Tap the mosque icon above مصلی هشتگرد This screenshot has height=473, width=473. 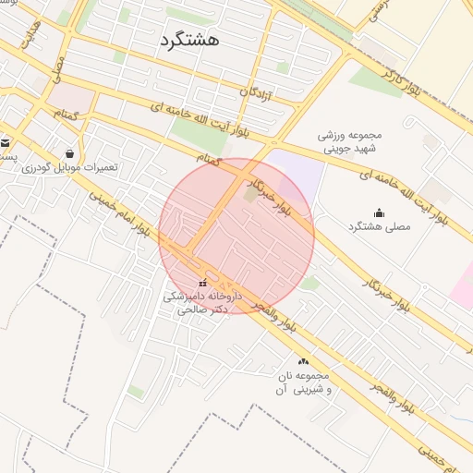[379, 212]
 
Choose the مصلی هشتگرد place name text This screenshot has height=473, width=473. [379, 227]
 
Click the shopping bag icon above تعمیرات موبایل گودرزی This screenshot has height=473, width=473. [70, 153]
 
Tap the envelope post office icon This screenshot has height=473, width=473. [6, 142]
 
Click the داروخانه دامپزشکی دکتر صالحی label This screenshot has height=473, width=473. [201, 304]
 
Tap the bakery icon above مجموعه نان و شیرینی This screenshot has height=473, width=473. [303, 361]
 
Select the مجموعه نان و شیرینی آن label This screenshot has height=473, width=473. [303, 382]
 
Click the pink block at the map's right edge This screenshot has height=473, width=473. [463, 282]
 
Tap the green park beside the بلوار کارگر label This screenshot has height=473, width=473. [377, 80]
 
